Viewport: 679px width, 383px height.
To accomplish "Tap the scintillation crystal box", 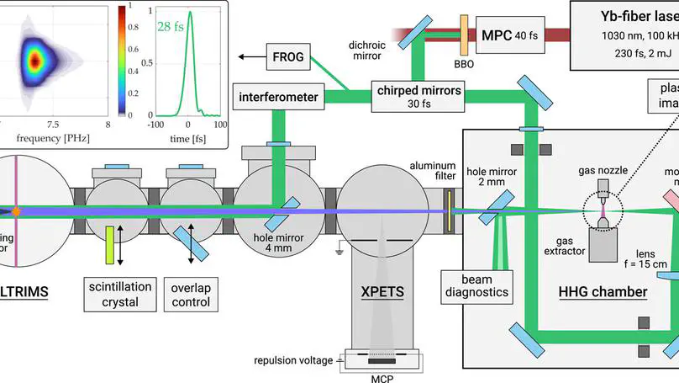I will click(x=119, y=295).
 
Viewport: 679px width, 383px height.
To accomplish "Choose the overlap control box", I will click(x=190, y=295).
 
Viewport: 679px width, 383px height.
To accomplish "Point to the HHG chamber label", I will click(x=603, y=292).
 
